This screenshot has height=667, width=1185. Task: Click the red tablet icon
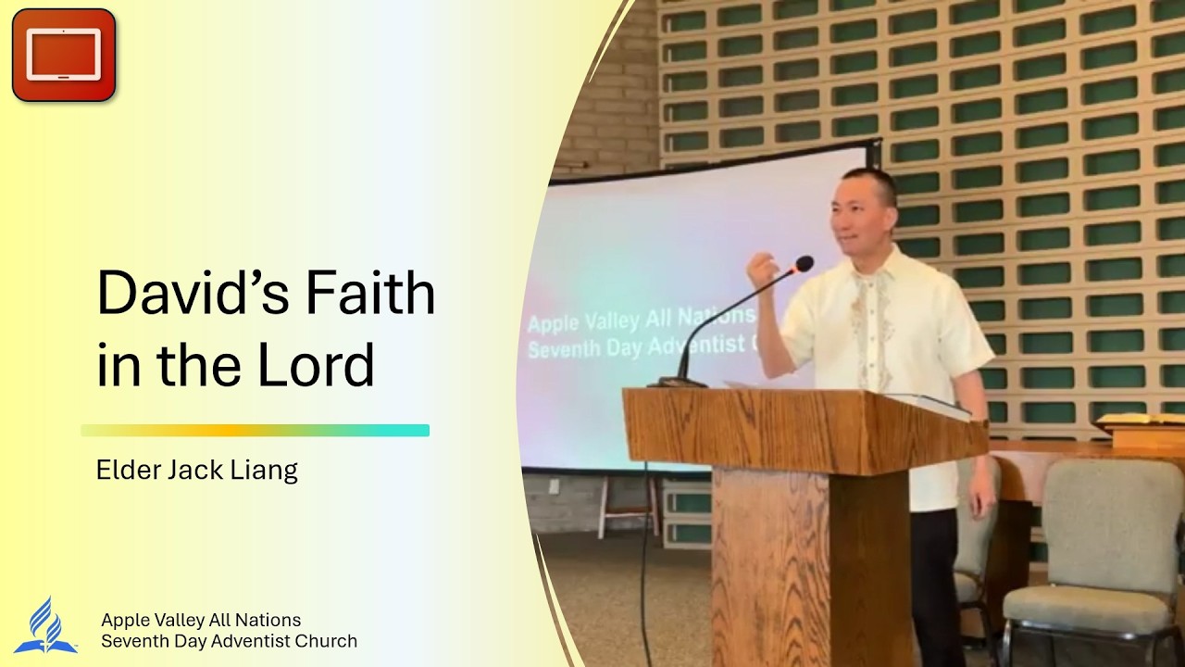pyautogui.click(x=64, y=55)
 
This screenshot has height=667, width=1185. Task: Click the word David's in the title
pyautogui.click(x=193, y=293)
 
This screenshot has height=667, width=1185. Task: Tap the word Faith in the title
pyautogui.click(x=370, y=293)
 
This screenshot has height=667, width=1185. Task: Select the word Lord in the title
pyautogui.click(x=316, y=365)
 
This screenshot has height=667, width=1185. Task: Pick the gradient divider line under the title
pyautogui.click(x=255, y=431)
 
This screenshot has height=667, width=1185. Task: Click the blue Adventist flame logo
pyautogui.click(x=46, y=625)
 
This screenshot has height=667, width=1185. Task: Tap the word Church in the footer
pyautogui.click(x=326, y=641)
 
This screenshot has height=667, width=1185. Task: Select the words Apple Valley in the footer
pyautogui.click(x=152, y=620)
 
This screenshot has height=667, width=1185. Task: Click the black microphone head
pyautogui.click(x=804, y=264)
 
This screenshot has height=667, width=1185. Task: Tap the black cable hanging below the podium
pyautogui.click(x=644, y=566)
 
